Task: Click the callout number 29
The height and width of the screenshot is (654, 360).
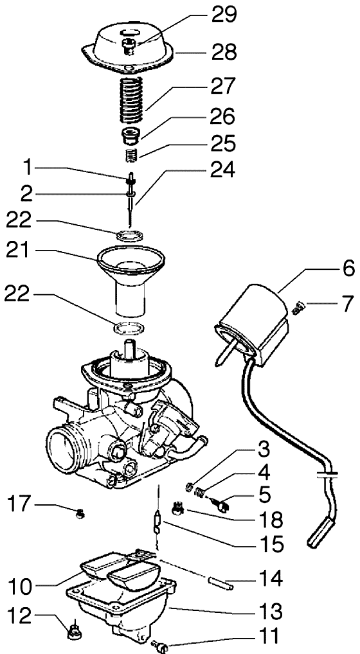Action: pos(223,16)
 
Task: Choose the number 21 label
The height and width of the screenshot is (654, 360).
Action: pos(19,251)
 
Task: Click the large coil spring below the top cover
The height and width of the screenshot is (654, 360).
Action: pos(131,100)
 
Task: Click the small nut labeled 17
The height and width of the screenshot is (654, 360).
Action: pos(80,515)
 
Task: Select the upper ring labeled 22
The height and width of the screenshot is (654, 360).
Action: pos(130,235)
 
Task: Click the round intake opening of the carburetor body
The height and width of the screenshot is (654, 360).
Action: pos(62,448)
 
